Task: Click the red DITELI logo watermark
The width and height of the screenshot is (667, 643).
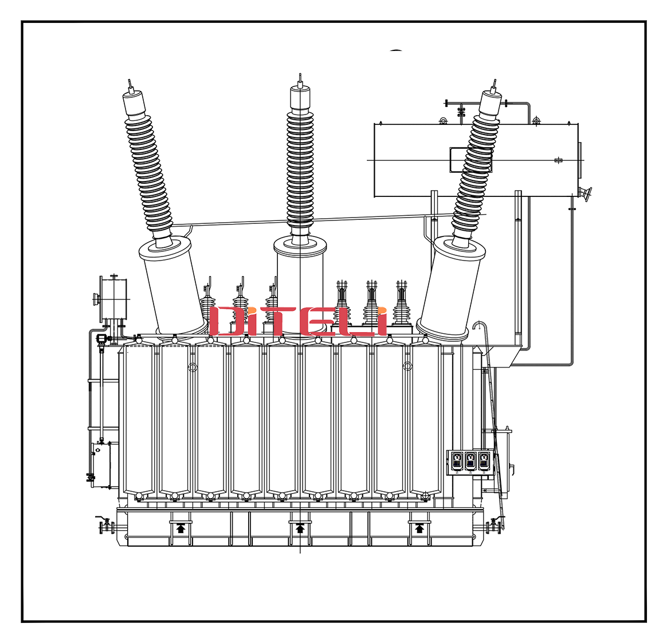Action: [298, 321]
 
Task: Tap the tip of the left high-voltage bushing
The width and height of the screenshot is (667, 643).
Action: [130, 80]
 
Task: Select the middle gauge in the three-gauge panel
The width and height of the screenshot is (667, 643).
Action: [470, 461]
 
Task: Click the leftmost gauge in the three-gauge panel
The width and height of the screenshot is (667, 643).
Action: [457, 461]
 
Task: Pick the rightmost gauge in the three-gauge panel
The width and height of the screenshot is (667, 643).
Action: [484, 461]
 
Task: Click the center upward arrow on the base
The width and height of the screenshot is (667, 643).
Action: [300, 528]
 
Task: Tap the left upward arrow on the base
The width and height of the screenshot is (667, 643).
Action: [181, 528]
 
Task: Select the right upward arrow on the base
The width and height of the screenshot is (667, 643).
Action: [419, 528]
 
